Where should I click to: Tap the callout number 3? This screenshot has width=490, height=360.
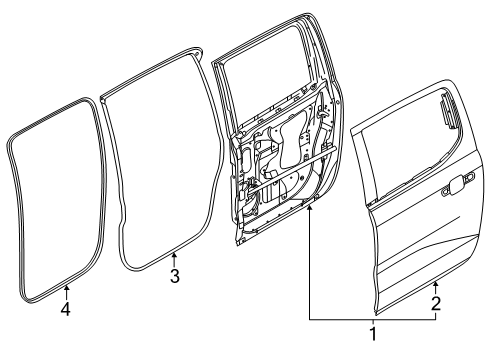pyautogui.click(x=174, y=277)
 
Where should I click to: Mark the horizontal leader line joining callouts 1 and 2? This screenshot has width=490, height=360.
pyautogui.click(x=372, y=318)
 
